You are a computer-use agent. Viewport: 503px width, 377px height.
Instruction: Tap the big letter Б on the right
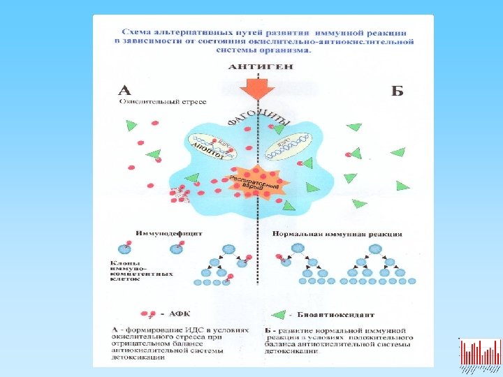397,91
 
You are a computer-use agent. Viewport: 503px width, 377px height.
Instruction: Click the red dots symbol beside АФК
148,313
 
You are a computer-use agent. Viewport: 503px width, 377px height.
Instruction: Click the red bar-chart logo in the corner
480,353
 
